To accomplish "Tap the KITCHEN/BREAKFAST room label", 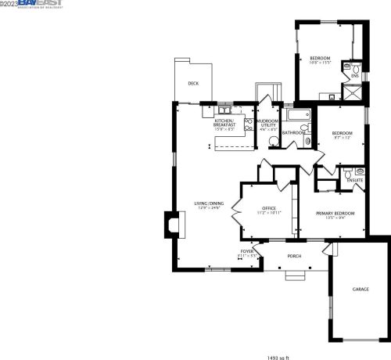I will point(224,123).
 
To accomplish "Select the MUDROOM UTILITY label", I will point(268,123).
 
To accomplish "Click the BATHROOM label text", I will point(294,133).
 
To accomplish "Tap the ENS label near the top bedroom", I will point(354,75).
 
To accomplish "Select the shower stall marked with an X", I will point(354,91).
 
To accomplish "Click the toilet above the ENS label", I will point(355,66).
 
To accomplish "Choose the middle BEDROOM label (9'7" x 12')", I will point(341,133).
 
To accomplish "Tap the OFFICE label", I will point(269,208).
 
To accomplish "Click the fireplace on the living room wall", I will point(169,225).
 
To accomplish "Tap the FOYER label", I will point(247,252).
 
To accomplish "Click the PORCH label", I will point(294,256).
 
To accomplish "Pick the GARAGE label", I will point(360,289).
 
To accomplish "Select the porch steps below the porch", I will point(295,275).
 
